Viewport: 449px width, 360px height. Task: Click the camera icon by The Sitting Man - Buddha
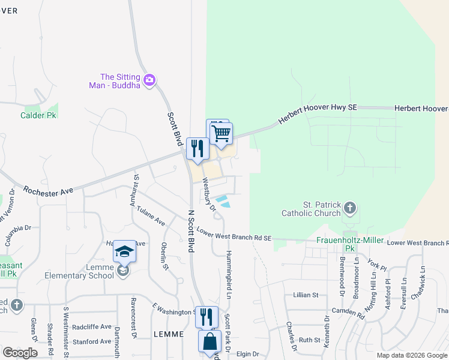[x=150, y=79]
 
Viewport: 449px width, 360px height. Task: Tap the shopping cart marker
[x=221, y=133]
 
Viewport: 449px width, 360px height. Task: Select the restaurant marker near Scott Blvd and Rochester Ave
[x=197, y=148]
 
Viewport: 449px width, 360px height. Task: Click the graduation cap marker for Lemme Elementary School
[x=124, y=252]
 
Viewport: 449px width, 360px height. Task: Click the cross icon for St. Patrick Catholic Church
[x=351, y=209]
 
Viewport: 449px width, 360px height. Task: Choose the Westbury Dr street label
[x=208, y=195]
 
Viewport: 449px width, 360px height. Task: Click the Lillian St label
[x=306, y=295]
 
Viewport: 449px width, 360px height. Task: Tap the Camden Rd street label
[x=349, y=313]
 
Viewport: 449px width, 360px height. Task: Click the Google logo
[x=20, y=353]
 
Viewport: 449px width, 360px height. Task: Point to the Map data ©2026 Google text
[x=412, y=355]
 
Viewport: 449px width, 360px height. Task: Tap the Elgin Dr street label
[x=247, y=354]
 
